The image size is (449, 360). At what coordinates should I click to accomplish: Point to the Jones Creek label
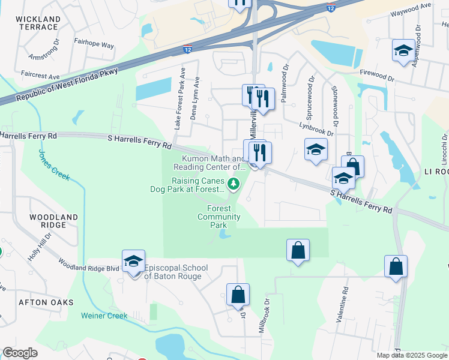click(54, 165)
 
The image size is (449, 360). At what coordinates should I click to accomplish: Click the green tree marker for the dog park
click(234, 184)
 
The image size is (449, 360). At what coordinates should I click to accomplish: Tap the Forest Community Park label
click(219, 217)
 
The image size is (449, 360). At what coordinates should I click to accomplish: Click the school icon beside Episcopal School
click(133, 262)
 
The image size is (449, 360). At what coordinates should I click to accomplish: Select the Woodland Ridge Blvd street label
click(89, 268)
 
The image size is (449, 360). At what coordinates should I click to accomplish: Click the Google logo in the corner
click(20, 353)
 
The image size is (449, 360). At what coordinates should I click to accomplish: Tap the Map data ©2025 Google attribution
click(412, 355)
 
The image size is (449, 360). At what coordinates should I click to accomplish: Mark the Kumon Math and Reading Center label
click(209, 163)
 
